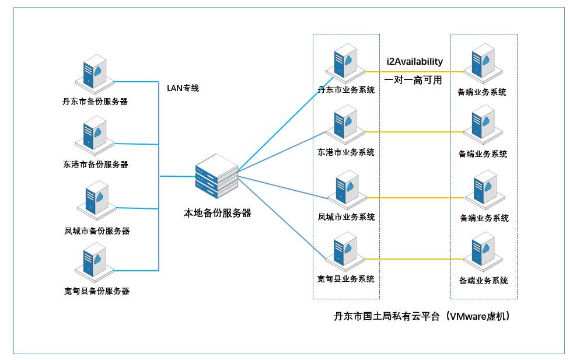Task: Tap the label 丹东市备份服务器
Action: (x=95, y=102)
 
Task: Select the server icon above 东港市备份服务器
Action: (x=95, y=136)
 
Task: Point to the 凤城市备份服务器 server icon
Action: (x=97, y=200)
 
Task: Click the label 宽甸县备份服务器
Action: (x=97, y=291)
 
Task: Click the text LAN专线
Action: (x=183, y=88)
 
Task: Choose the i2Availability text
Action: (x=415, y=61)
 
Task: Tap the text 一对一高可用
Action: (x=413, y=80)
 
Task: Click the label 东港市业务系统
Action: (x=346, y=152)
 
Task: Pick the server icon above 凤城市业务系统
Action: (x=347, y=190)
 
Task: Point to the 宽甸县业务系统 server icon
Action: (x=345, y=252)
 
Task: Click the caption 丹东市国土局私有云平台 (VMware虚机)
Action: (x=422, y=316)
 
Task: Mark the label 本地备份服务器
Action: (x=218, y=213)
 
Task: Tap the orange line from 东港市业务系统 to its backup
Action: (x=414, y=132)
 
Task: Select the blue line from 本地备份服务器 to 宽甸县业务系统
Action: (x=282, y=218)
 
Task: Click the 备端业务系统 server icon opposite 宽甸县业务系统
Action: (x=483, y=252)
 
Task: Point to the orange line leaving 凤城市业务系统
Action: (x=415, y=198)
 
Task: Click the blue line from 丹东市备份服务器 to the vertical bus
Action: (x=136, y=81)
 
